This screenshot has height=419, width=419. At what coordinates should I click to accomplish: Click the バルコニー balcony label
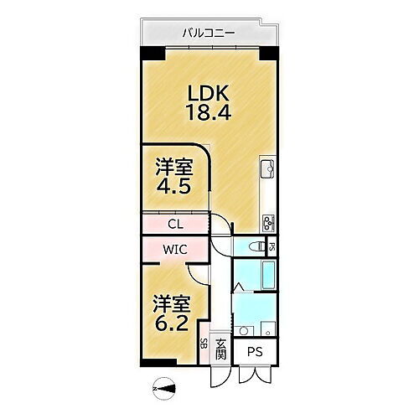pos(209,34)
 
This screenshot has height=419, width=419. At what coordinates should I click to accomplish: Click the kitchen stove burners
pos(269,222)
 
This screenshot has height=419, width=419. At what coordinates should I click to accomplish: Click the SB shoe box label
pos(204,345)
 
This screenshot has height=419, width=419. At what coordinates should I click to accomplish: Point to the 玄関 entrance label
pos(221,345)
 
